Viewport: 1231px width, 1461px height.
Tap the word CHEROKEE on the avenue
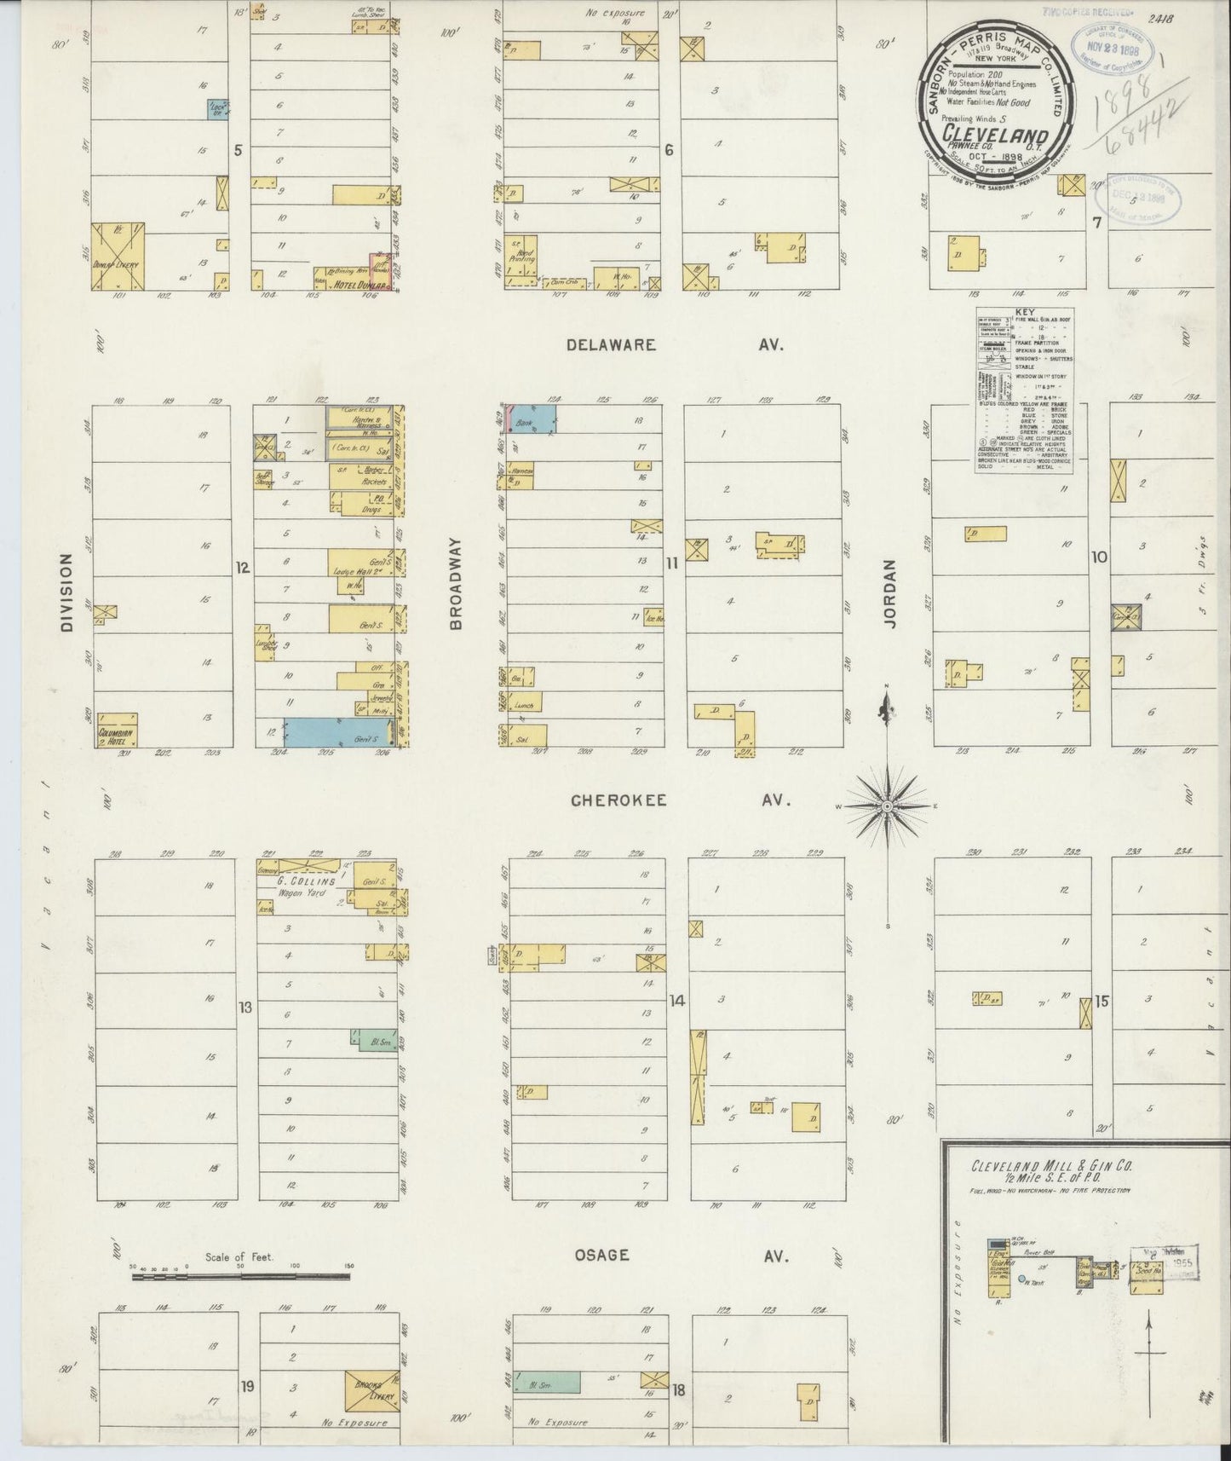coord(618,801)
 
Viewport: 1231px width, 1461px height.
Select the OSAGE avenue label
coord(601,1255)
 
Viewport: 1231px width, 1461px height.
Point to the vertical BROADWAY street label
coord(456,583)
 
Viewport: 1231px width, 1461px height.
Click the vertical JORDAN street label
coord(890,594)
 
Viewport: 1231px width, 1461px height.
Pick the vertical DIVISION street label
coord(66,593)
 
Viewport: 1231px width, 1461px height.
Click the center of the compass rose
coord(887,806)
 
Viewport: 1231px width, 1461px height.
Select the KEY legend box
coord(1024,391)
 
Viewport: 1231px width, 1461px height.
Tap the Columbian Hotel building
coord(117,730)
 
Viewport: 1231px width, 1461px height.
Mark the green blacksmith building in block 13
coord(373,1041)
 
